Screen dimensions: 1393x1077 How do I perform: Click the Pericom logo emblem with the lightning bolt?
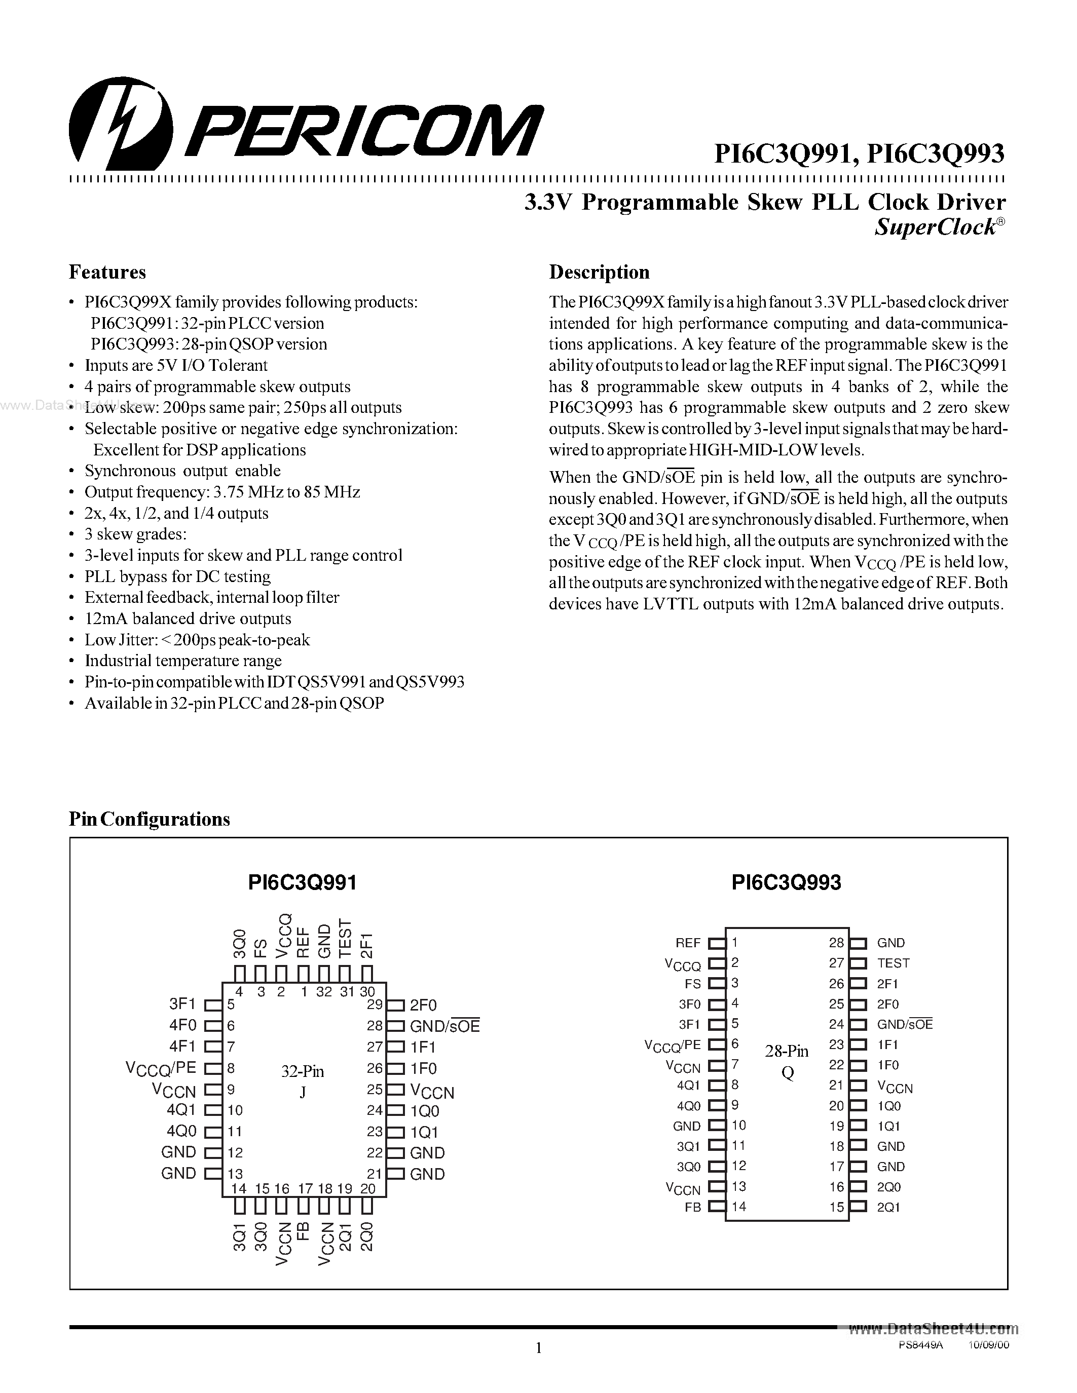pos(121,121)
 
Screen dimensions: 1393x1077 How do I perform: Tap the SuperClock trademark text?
pos(936,227)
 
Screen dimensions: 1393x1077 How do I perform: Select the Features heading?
pos(107,273)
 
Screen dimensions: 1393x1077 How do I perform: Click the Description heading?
pos(599,273)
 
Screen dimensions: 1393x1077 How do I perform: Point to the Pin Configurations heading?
pos(150,819)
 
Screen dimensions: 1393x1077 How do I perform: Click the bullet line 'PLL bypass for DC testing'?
pos(177,576)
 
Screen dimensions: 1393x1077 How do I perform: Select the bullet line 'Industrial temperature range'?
pos(183,661)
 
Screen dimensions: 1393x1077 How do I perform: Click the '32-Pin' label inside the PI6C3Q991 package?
pos(303,1071)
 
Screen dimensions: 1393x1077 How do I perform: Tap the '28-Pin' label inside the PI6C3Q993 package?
pos(787,1051)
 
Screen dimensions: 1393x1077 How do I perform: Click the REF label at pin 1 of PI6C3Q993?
pos(688,943)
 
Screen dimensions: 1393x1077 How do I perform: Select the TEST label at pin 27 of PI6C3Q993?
pos(893,963)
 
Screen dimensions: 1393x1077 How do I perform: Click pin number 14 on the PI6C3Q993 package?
pos(739,1206)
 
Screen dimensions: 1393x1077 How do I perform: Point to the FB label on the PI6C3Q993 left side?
pos(692,1208)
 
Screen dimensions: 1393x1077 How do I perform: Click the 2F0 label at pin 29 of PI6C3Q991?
pos(423,1005)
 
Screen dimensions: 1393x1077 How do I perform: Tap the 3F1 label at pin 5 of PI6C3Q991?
pos(182,1004)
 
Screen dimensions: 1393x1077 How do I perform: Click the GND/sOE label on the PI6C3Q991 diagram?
pos(444,1026)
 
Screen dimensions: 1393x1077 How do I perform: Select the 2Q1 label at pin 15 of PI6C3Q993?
pos(888,1208)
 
